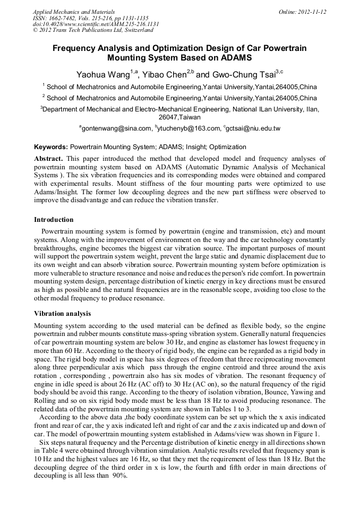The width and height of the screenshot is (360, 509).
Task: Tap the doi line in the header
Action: pyautogui.click(x=96, y=24)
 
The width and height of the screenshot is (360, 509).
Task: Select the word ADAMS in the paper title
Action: pyautogui.click(x=233, y=57)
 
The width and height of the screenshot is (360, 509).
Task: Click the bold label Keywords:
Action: pyautogui.click(x=51, y=146)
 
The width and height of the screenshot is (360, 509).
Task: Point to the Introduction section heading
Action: pyautogui.click(x=54, y=220)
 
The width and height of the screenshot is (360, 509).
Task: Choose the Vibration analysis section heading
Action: pyautogui.click(x=62, y=314)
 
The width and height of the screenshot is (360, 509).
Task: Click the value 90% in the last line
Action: pyautogui.click(x=119, y=476)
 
